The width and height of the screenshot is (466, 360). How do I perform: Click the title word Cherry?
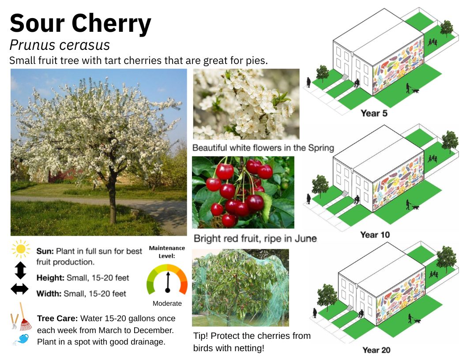point(112,24)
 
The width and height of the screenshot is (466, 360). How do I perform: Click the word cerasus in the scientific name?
point(84,45)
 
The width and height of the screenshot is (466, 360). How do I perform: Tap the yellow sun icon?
point(21,249)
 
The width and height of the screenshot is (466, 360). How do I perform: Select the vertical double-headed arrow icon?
point(20,270)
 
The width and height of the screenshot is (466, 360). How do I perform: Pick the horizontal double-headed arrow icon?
point(19,289)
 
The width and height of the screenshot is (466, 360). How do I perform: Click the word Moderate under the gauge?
point(167,303)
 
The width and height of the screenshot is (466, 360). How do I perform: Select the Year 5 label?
point(374,113)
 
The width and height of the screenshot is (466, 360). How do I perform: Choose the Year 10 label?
point(375,235)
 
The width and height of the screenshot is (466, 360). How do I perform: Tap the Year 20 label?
point(376,350)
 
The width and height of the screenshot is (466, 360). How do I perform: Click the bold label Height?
point(50,278)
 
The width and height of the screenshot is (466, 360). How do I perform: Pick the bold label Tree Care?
point(57,319)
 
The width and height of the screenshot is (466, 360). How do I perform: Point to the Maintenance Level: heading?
point(167,252)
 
